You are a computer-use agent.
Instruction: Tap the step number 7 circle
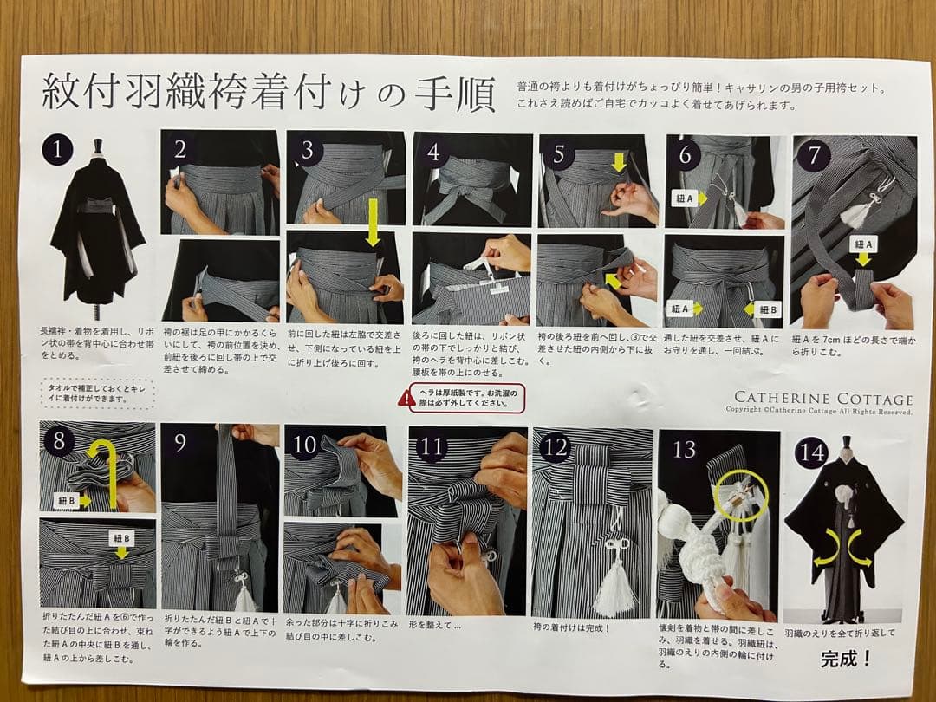point(814,157)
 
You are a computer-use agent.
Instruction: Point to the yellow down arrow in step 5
point(617,162)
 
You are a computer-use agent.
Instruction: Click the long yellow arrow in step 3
point(373,221)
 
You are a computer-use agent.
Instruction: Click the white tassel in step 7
point(858,212)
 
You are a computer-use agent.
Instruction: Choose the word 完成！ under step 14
point(846,660)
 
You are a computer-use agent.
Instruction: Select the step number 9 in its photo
point(180,442)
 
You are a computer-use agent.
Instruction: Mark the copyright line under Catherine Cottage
point(819,411)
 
